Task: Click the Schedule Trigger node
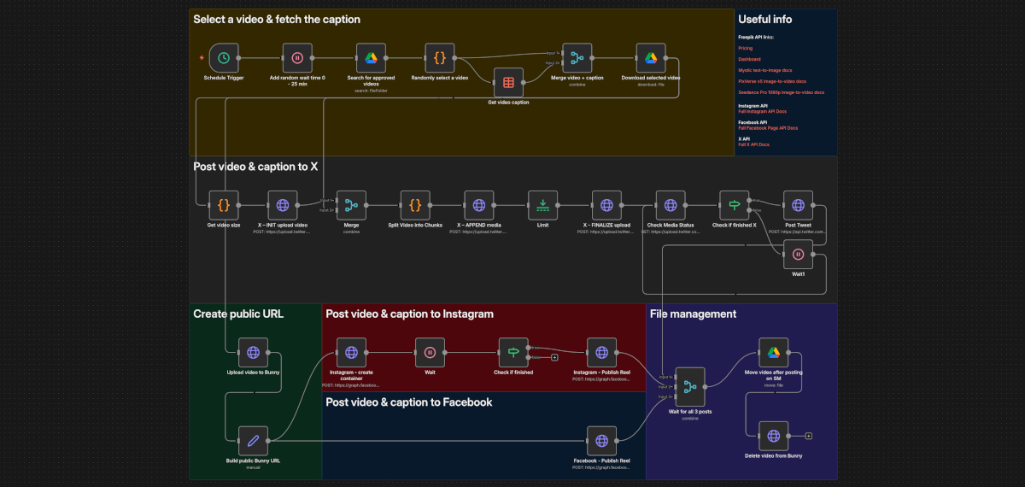(224, 58)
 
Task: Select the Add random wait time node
(297, 58)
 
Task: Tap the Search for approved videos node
(371, 58)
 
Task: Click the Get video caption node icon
(508, 83)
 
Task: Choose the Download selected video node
(651, 58)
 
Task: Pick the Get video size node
(224, 205)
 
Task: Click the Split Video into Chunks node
(414, 205)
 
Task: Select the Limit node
(542, 205)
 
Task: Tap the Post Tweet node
(797, 205)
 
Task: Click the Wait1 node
(797, 254)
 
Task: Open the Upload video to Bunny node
(253, 352)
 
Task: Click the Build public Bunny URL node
(253, 441)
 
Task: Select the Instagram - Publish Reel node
(601, 352)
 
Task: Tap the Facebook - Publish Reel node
(601, 441)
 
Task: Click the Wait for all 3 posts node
(690, 387)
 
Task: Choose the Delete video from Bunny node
(773, 436)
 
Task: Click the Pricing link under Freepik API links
(746, 49)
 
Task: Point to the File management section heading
(693, 314)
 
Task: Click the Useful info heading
(764, 19)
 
